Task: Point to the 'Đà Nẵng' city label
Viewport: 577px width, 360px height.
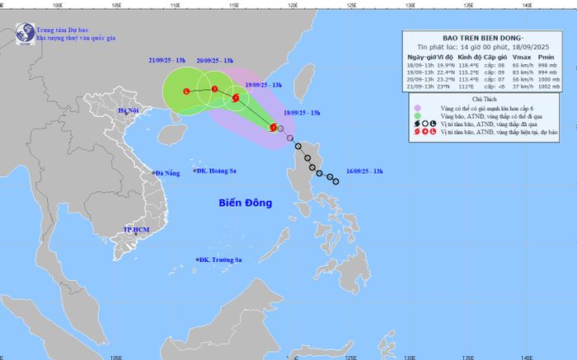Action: (x=167, y=173)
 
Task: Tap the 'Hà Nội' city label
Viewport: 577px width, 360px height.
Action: (x=129, y=110)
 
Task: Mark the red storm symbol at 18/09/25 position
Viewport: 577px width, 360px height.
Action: (x=274, y=127)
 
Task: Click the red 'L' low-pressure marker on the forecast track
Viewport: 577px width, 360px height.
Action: (x=186, y=91)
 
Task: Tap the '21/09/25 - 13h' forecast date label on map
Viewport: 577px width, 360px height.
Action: (x=167, y=61)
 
